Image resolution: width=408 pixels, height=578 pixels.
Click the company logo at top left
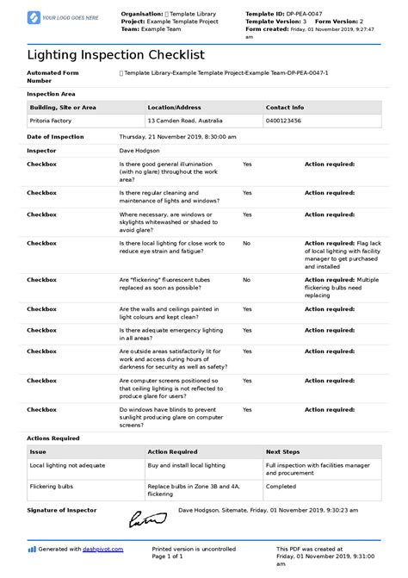click(64, 17)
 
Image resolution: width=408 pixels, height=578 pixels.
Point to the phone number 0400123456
click(285, 121)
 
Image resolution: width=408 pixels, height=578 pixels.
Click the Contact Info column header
click(285, 108)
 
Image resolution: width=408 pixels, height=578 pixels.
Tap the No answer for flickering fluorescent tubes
click(246, 280)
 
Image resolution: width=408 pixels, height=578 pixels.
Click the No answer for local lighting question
click(246, 244)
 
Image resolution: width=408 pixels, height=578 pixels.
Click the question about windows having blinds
click(168, 416)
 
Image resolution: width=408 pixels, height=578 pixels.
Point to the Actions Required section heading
click(53, 438)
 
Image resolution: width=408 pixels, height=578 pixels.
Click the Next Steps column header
click(282, 451)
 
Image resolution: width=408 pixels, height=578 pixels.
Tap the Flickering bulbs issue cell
click(51, 485)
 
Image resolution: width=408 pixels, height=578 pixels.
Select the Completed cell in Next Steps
click(281, 485)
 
